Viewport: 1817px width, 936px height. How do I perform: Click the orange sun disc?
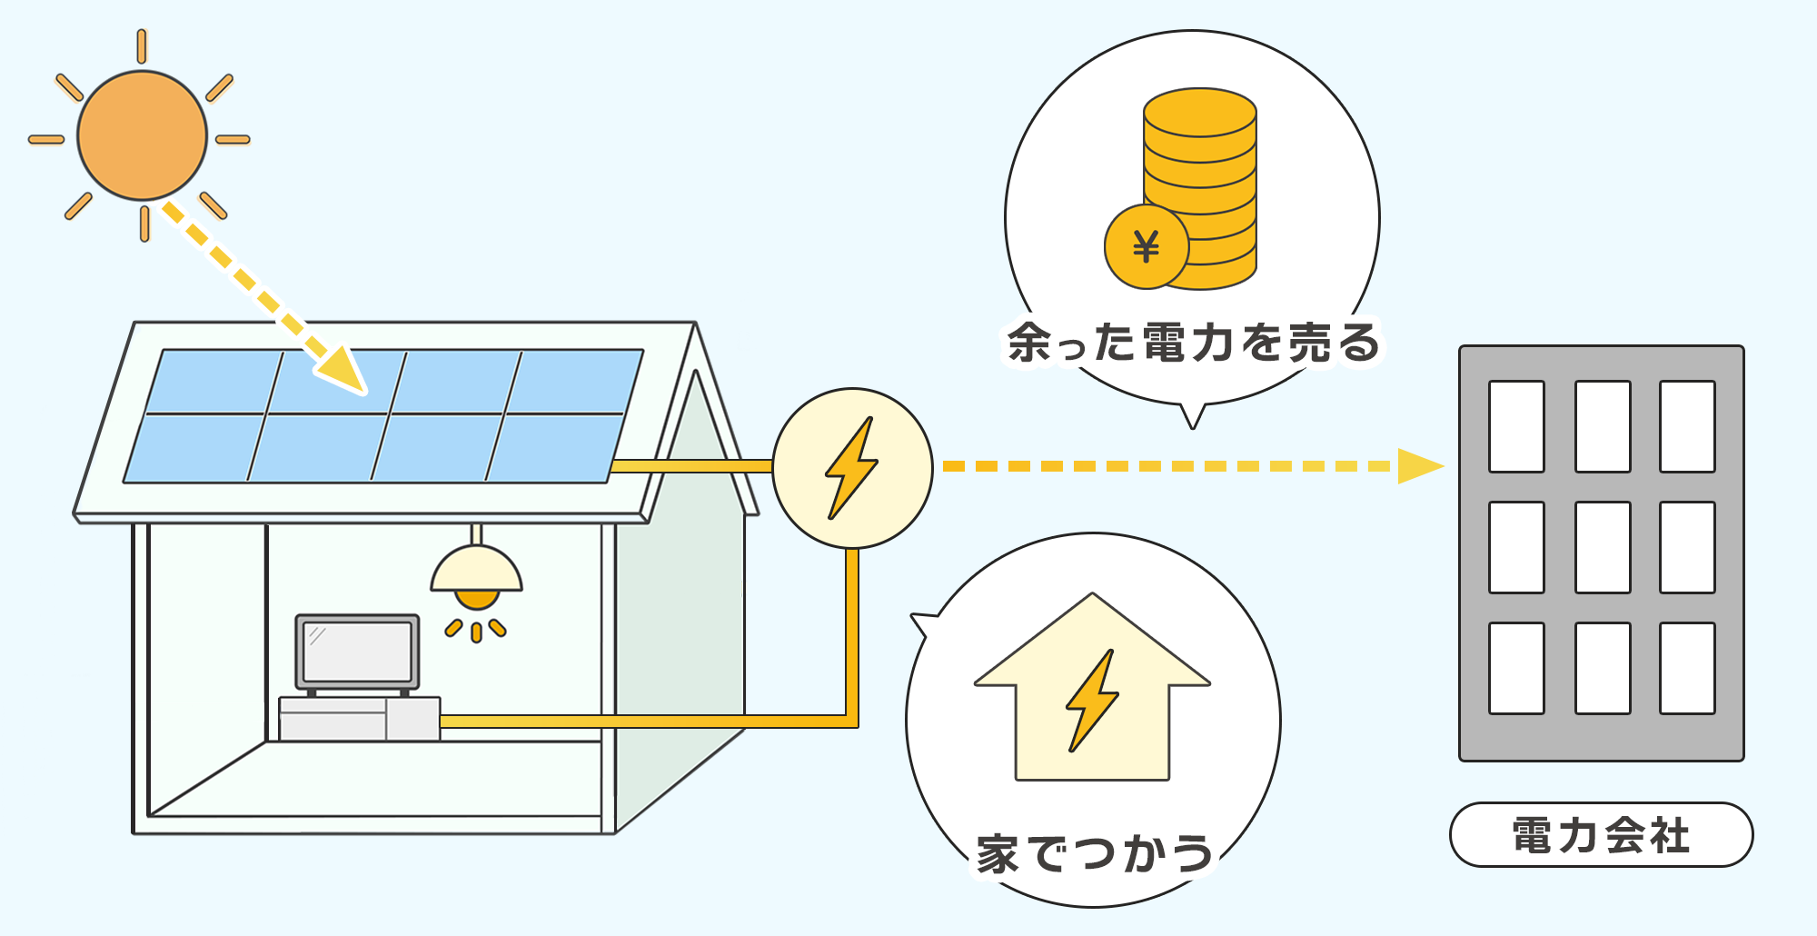click(x=142, y=135)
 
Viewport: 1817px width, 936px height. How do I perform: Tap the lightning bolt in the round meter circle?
click(x=851, y=468)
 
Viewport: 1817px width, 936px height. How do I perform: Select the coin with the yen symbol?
click(x=1146, y=247)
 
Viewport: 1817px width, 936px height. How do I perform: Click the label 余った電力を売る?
click(x=1193, y=344)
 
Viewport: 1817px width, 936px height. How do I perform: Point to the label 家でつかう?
click(x=1094, y=854)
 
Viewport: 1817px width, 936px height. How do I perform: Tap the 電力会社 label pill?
click(x=1601, y=835)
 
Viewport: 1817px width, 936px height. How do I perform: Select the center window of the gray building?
click(x=1603, y=547)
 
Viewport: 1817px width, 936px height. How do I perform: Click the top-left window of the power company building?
click(x=1516, y=426)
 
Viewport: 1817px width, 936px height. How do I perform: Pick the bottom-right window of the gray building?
click(x=1687, y=668)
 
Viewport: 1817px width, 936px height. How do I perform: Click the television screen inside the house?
click(x=357, y=652)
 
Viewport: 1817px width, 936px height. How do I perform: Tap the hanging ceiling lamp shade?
click(x=476, y=570)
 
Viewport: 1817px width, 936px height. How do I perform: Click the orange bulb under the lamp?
click(x=476, y=599)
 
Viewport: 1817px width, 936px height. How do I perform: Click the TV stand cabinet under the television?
click(x=359, y=719)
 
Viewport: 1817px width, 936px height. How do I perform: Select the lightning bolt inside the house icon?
click(x=1091, y=700)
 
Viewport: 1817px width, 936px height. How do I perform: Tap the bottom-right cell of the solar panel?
click(x=553, y=448)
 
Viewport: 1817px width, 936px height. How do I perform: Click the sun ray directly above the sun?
click(x=142, y=46)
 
